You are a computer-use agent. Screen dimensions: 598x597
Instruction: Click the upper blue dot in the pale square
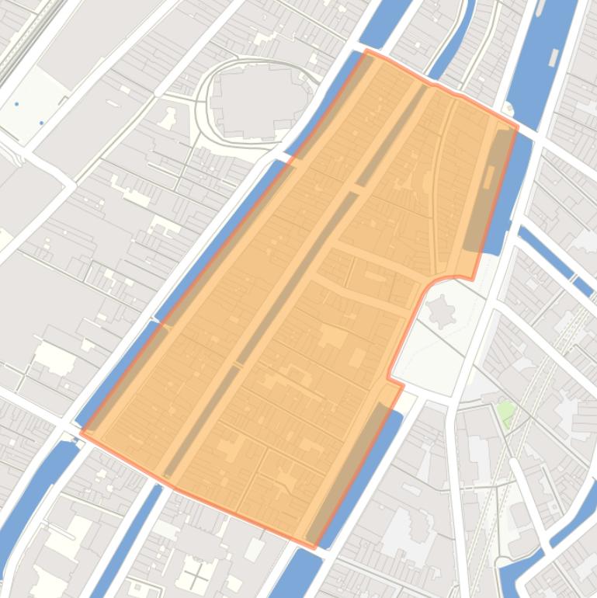[16, 103]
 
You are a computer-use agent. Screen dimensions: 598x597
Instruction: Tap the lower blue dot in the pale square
[42, 123]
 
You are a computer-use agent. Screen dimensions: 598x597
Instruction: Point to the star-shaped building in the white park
[443, 312]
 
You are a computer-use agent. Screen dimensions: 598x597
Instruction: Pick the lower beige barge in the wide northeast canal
[553, 57]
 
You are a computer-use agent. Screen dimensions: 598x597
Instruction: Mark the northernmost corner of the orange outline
[367, 51]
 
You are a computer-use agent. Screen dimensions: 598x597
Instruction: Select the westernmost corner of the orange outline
[82, 433]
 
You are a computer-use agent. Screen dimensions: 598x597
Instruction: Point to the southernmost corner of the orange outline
[314, 548]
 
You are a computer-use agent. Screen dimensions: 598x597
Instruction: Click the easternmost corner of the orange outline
[517, 127]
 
